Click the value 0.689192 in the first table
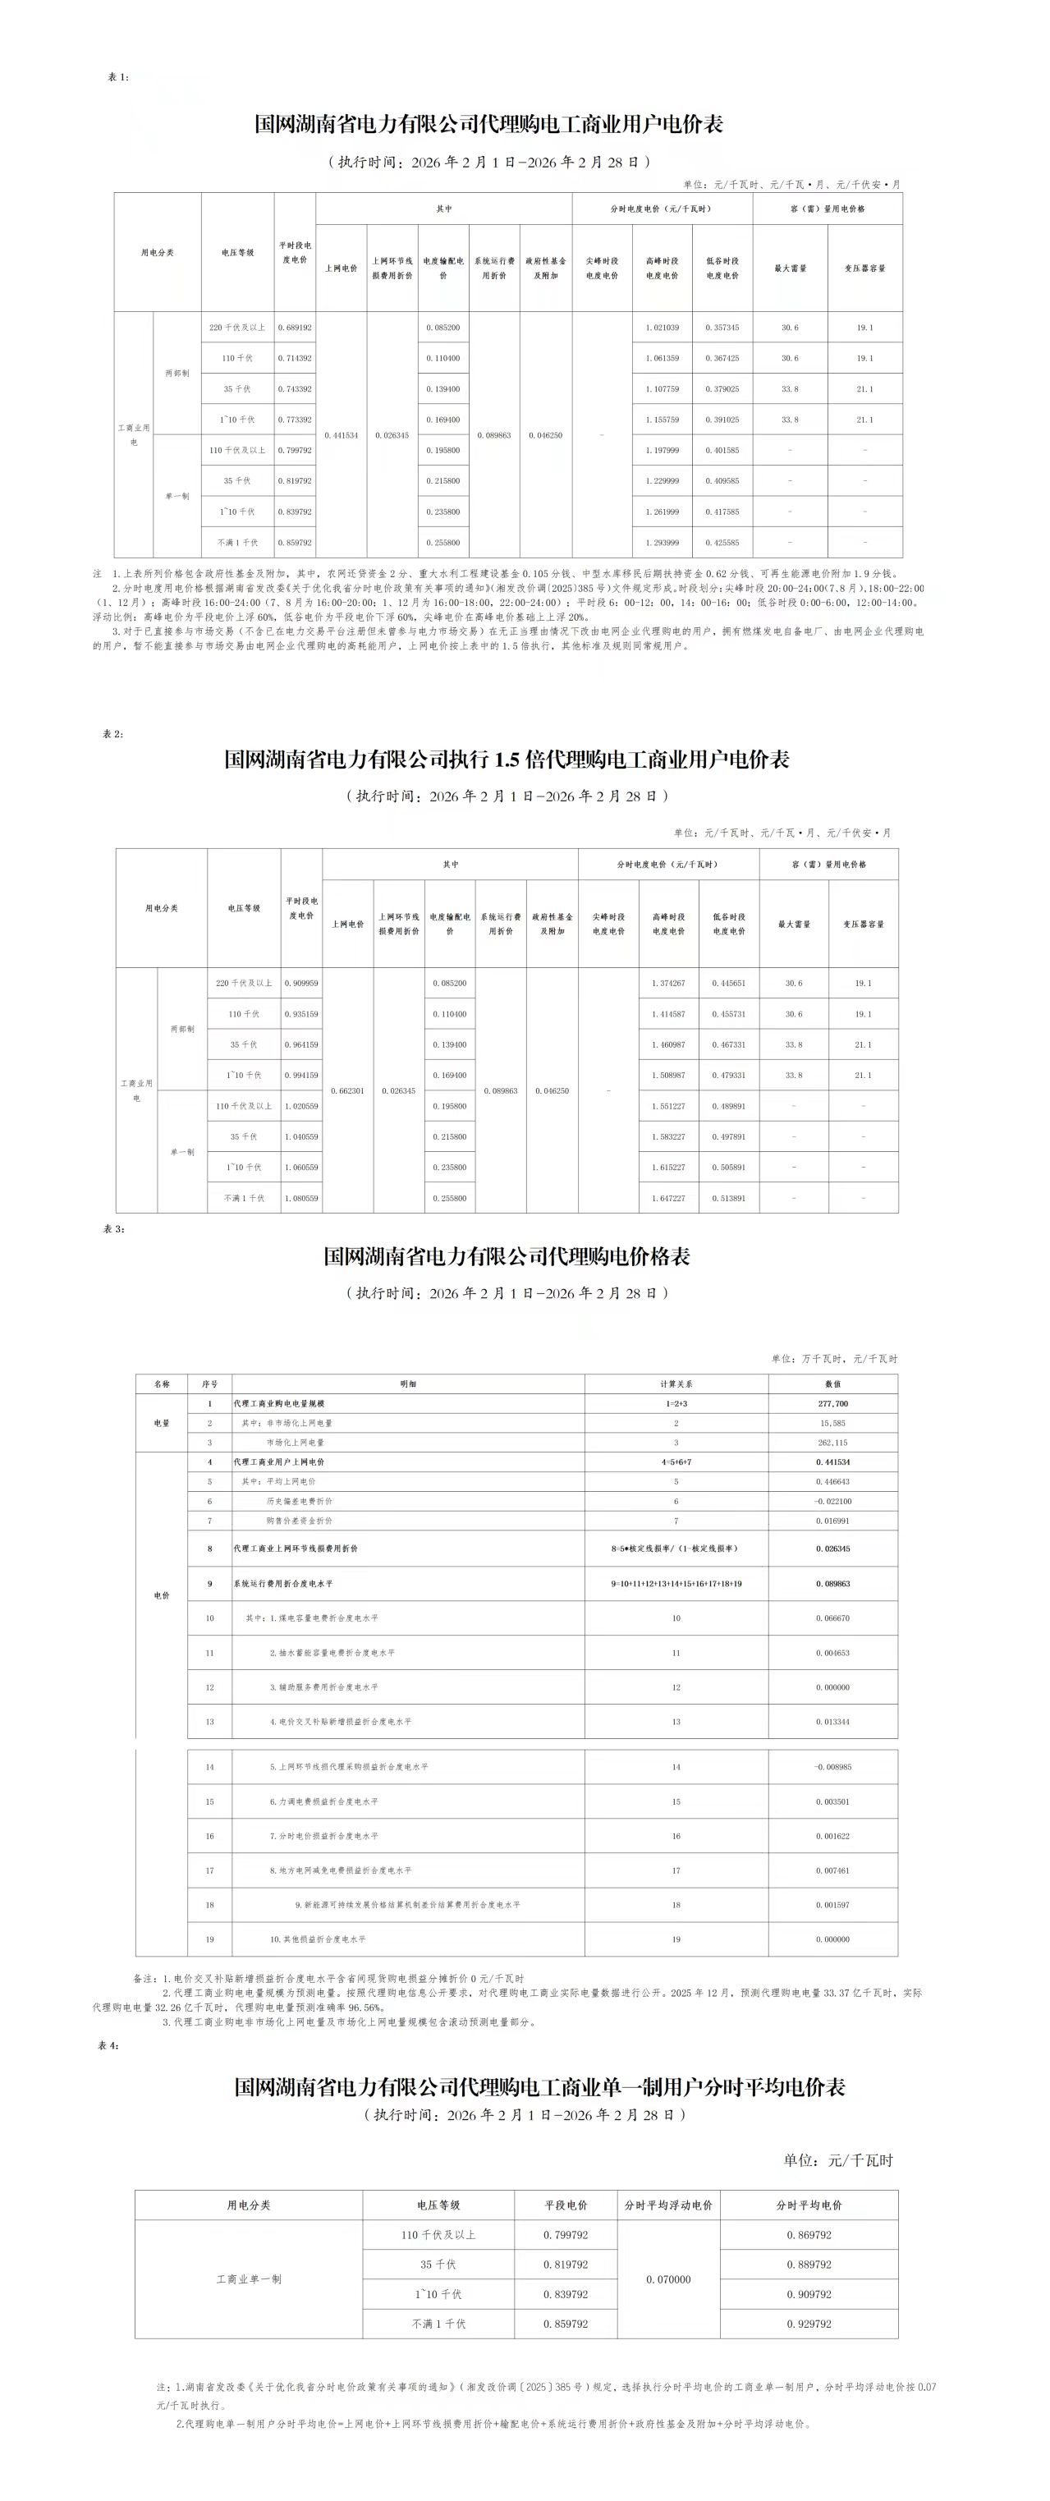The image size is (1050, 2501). (x=294, y=327)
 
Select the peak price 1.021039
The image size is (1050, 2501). (x=662, y=327)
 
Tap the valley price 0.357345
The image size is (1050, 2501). (x=722, y=327)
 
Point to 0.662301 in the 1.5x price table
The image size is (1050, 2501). (x=347, y=1090)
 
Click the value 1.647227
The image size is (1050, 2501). (x=667, y=1198)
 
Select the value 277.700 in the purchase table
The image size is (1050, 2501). (x=832, y=1404)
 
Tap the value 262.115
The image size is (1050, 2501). (x=832, y=1443)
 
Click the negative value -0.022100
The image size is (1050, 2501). (x=832, y=1501)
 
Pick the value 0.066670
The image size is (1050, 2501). (x=832, y=1618)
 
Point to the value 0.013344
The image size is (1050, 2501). (x=832, y=1721)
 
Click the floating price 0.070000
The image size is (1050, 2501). (x=668, y=2279)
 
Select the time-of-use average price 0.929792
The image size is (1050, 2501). (x=809, y=2324)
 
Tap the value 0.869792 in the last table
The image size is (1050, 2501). (x=809, y=2235)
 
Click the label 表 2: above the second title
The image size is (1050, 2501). (x=112, y=734)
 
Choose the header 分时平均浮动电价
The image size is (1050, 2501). (x=668, y=2205)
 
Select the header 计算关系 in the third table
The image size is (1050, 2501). (x=676, y=1384)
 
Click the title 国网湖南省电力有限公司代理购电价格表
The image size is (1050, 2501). (x=507, y=1256)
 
